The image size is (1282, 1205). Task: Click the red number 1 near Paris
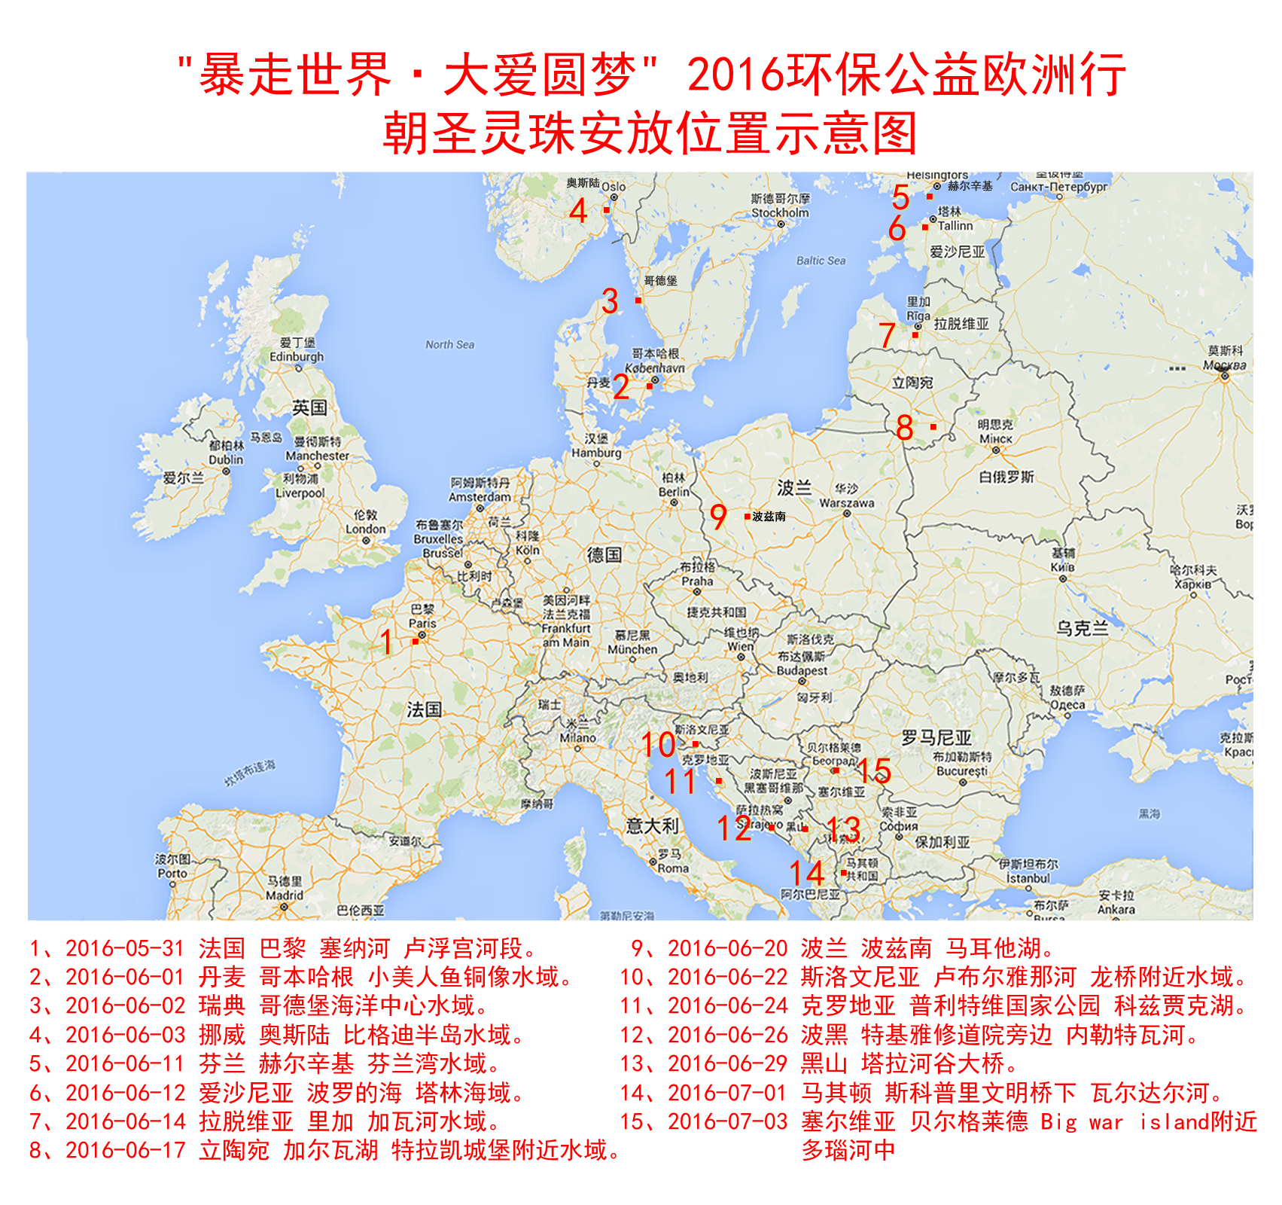(386, 642)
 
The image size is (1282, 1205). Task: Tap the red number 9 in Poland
(718, 517)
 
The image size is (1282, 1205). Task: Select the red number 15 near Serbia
(874, 770)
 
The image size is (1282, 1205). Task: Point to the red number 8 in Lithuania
(905, 428)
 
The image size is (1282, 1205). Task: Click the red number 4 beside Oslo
(578, 210)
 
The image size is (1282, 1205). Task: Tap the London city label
(366, 529)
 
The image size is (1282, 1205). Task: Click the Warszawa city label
(846, 502)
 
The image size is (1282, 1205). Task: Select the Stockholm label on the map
(780, 212)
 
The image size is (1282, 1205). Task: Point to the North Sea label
(449, 345)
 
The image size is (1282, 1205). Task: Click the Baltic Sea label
(821, 261)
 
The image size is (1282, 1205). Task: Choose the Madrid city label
(285, 895)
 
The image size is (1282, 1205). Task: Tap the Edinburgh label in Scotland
(297, 356)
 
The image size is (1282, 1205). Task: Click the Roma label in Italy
(673, 868)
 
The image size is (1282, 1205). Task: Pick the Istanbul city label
(1028, 878)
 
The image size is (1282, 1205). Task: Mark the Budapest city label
(802, 670)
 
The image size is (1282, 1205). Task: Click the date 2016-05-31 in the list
(125, 948)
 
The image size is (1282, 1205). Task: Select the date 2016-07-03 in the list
(727, 1121)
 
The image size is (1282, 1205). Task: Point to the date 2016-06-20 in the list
(727, 948)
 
